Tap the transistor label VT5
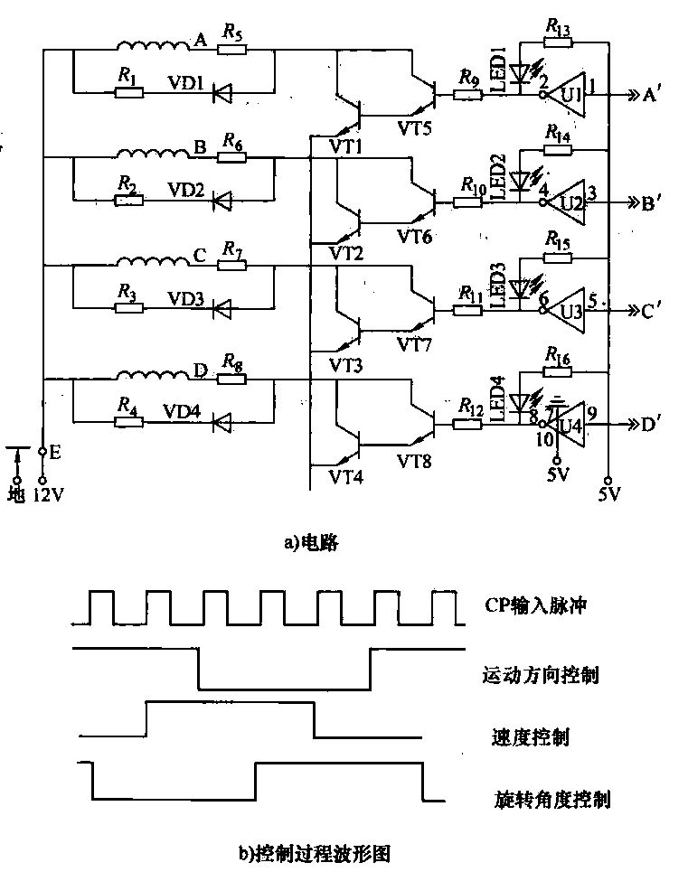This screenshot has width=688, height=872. pyautogui.click(x=415, y=127)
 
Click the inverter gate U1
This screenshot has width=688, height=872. pyautogui.click(x=569, y=93)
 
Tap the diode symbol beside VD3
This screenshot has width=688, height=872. pyautogui.click(x=220, y=308)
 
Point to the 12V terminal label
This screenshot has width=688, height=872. pyautogui.click(x=43, y=496)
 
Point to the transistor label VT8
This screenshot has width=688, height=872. pyautogui.click(x=415, y=461)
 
